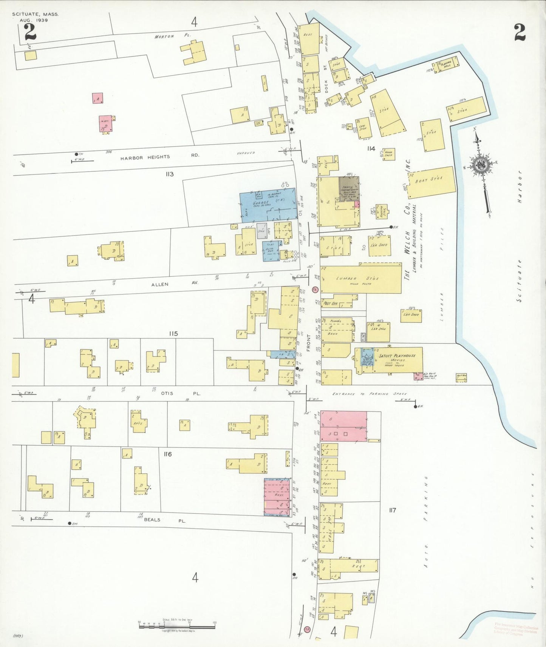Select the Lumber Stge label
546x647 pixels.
click(357, 279)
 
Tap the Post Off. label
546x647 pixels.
click(331, 303)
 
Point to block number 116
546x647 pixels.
click(168, 454)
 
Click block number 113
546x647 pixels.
click(169, 174)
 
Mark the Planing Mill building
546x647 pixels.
click(447, 65)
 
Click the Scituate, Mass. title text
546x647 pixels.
click(36, 14)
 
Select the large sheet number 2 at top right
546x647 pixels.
click(520, 32)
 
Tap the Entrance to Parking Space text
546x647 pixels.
click(369, 394)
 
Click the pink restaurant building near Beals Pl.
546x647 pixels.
click(277, 497)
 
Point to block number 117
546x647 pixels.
click(392, 510)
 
